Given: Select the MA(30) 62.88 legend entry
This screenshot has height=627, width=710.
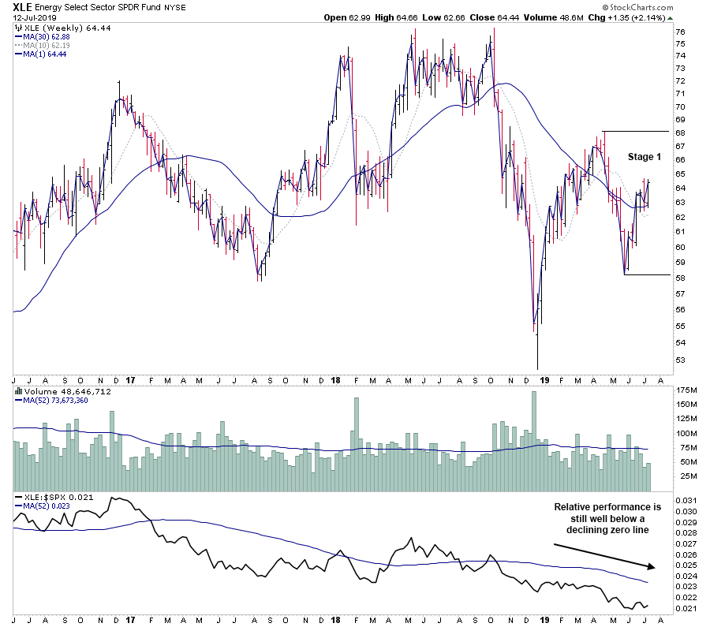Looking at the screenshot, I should coord(48,35).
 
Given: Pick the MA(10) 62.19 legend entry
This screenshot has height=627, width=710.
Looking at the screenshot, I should coord(48,45).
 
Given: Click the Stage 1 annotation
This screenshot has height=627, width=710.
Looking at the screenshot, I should coord(645,157).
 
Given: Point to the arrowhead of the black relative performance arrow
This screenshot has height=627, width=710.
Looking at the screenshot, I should coord(653,566).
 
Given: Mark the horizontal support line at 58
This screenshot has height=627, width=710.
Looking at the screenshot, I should coord(647,274).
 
